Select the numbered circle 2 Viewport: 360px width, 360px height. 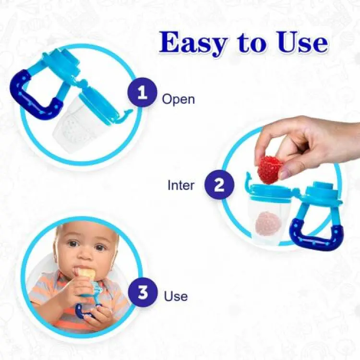click(219, 185)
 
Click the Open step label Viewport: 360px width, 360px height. click(178, 99)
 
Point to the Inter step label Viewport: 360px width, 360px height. click(181, 185)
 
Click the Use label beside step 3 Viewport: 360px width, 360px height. click(176, 296)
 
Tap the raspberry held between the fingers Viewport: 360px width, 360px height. click(269, 169)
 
